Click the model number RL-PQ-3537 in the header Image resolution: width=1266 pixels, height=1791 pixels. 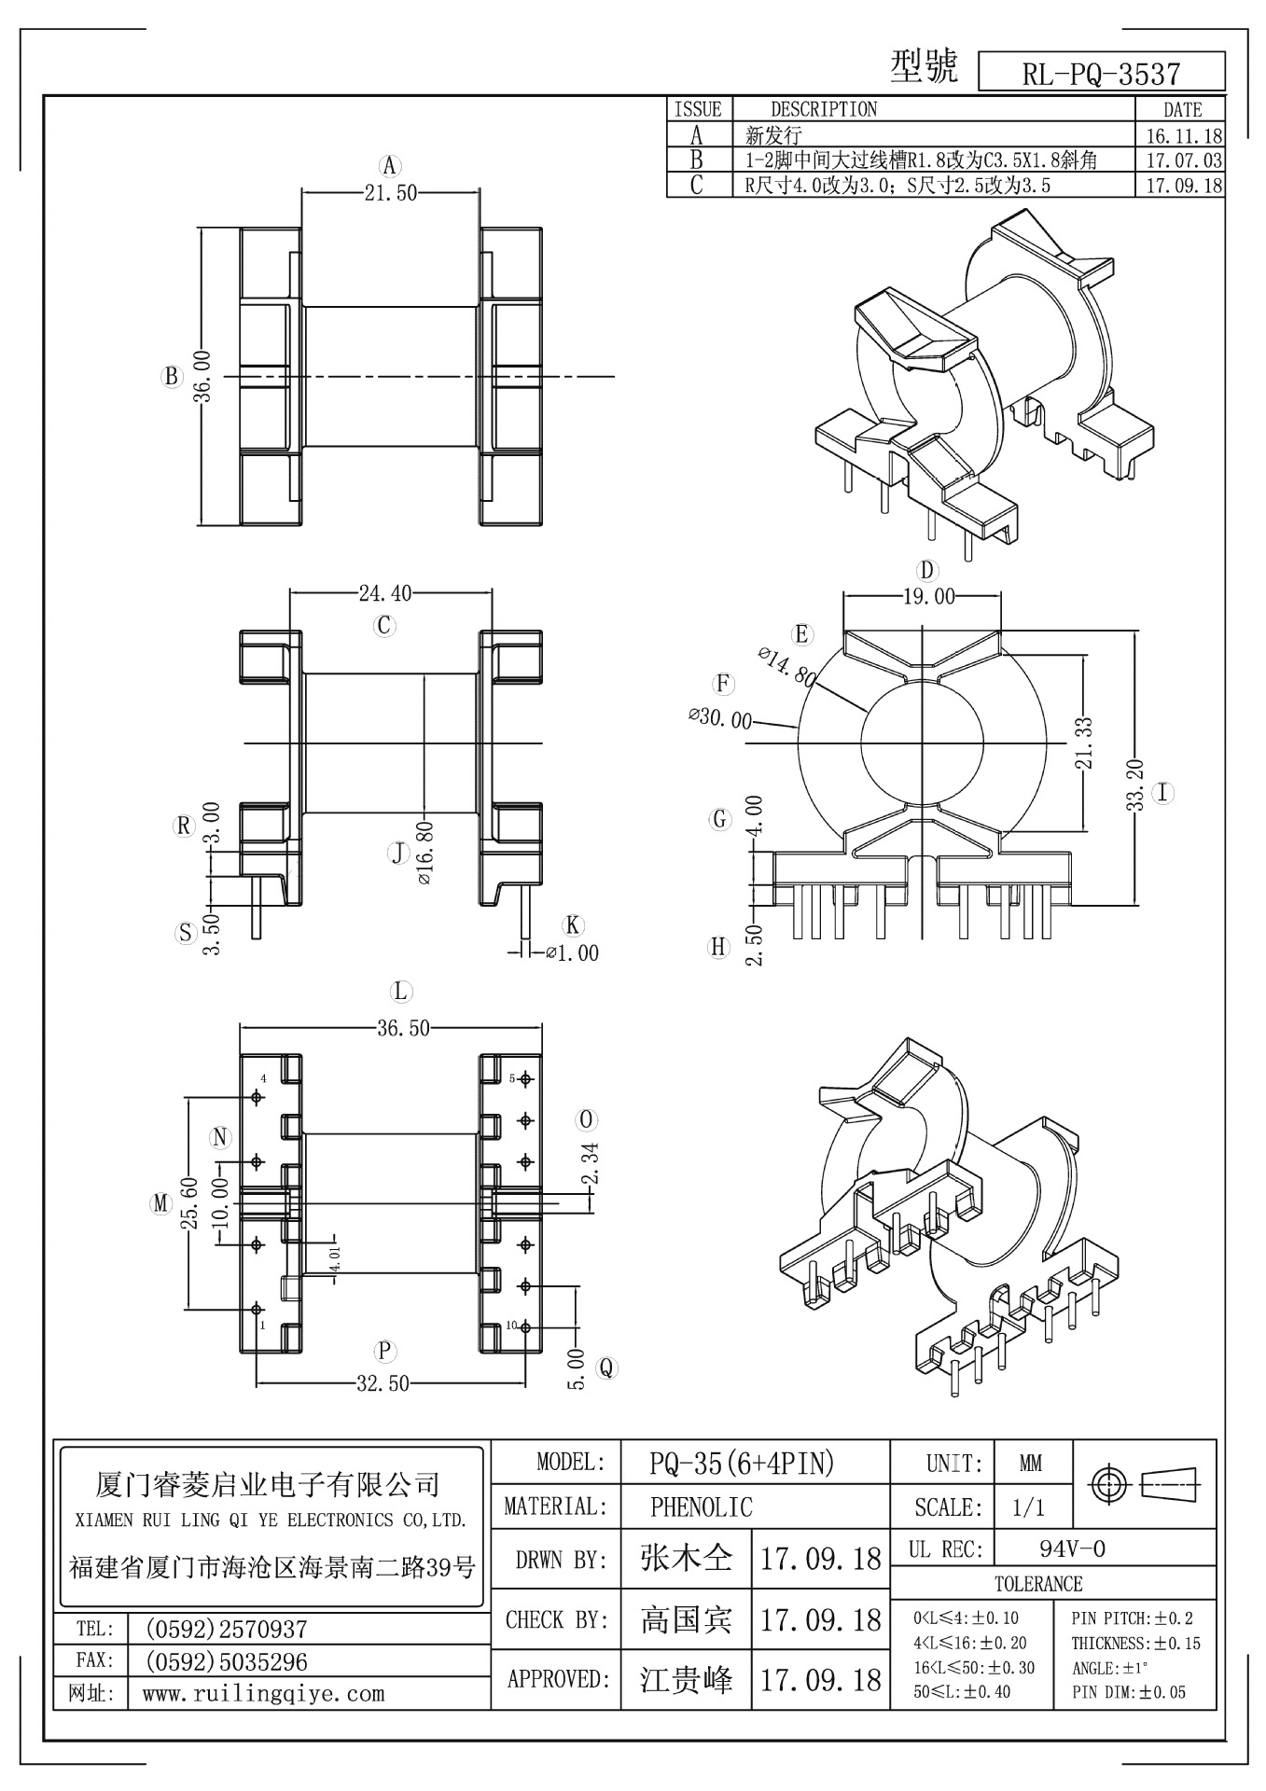1101,74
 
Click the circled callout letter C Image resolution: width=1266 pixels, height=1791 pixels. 384,625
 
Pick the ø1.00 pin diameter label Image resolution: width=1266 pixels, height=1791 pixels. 572,953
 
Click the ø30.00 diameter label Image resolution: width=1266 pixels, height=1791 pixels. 719,718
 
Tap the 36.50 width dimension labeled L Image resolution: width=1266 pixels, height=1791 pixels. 403,1028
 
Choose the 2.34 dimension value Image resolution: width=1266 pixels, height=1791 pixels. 590,1165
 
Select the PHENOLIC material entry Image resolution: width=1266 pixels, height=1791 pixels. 701,1506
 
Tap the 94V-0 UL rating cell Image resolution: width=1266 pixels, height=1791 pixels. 1072,1549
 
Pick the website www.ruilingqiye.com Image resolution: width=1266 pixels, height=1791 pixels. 263,1693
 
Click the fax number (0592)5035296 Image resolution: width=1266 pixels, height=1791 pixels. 227,1661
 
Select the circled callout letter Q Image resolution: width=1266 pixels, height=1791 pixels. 606,1368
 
